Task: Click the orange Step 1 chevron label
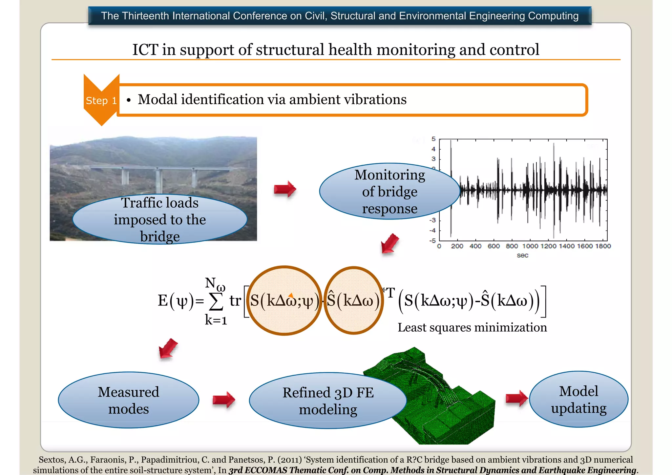pyautogui.click(x=101, y=100)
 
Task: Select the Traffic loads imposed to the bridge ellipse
pyautogui.click(x=160, y=219)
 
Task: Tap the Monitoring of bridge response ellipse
pyautogui.click(x=389, y=192)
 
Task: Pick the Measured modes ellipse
pyautogui.click(x=128, y=400)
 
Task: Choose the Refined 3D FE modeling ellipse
pyautogui.click(x=327, y=401)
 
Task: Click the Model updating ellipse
pyautogui.click(x=578, y=400)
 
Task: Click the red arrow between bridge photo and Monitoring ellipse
pyautogui.click(x=285, y=189)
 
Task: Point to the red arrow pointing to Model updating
pyautogui.click(x=516, y=398)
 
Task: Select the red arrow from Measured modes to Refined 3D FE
pyautogui.click(x=223, y=400)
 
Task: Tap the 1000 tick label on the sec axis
pyautogui.click(x=530, y=246)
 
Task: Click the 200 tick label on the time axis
pyautogui.click(x=457, y=246)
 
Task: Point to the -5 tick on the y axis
pyautogui.click(x=433, y=241)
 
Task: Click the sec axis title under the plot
pyautogui.click(x=522, y=255)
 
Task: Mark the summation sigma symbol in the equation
pyautogui.click(x=216, y=301)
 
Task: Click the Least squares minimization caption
pyautogui.click(x=472, y=327)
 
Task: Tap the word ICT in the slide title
pyautogui.click(x=144, y=50)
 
